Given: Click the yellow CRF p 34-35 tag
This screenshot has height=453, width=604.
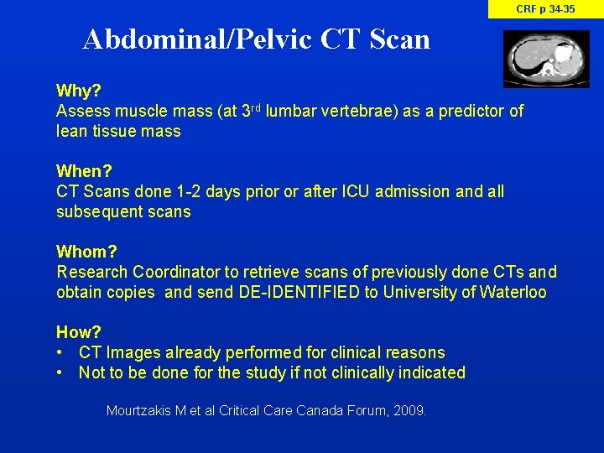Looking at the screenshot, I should coord(545,9).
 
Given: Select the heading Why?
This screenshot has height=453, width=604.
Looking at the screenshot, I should coord(77,91).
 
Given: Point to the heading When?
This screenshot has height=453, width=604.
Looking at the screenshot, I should coord(84,171).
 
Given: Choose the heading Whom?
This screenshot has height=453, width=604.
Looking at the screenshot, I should coord(87,252).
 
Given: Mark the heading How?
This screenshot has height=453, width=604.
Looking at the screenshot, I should coord(79,332).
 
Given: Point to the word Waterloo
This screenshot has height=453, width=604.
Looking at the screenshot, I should coord(513,293).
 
